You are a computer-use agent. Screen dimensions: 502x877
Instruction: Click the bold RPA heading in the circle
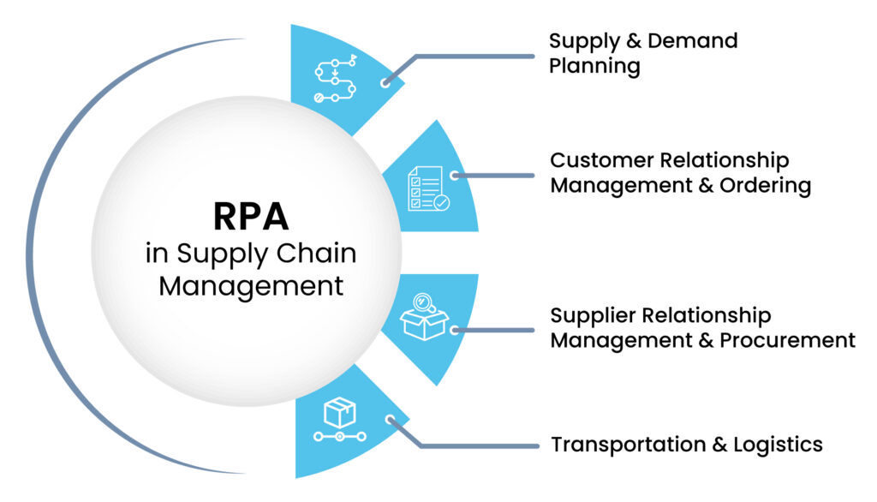tap(250, 217)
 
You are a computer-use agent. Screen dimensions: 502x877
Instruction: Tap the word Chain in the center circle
tap(320, 253)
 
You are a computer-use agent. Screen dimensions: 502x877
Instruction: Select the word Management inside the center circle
tap(250, 285)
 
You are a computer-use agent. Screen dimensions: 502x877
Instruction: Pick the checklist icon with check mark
tap(427, 188)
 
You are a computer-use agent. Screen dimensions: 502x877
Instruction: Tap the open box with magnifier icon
tap(425, 316)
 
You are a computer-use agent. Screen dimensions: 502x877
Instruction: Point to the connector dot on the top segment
tap(386, 83)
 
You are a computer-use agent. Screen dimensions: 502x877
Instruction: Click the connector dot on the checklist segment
tap(455, 176)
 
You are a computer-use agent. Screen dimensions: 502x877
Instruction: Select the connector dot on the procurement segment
tap(455, 329)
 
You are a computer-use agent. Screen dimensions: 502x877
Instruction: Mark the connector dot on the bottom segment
tap(391, 421)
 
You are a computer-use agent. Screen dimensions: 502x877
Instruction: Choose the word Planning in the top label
tap(594, 67)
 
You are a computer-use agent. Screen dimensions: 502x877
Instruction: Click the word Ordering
tap(767, 186)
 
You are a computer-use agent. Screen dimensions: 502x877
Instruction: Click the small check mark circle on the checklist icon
tap(441, 203)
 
